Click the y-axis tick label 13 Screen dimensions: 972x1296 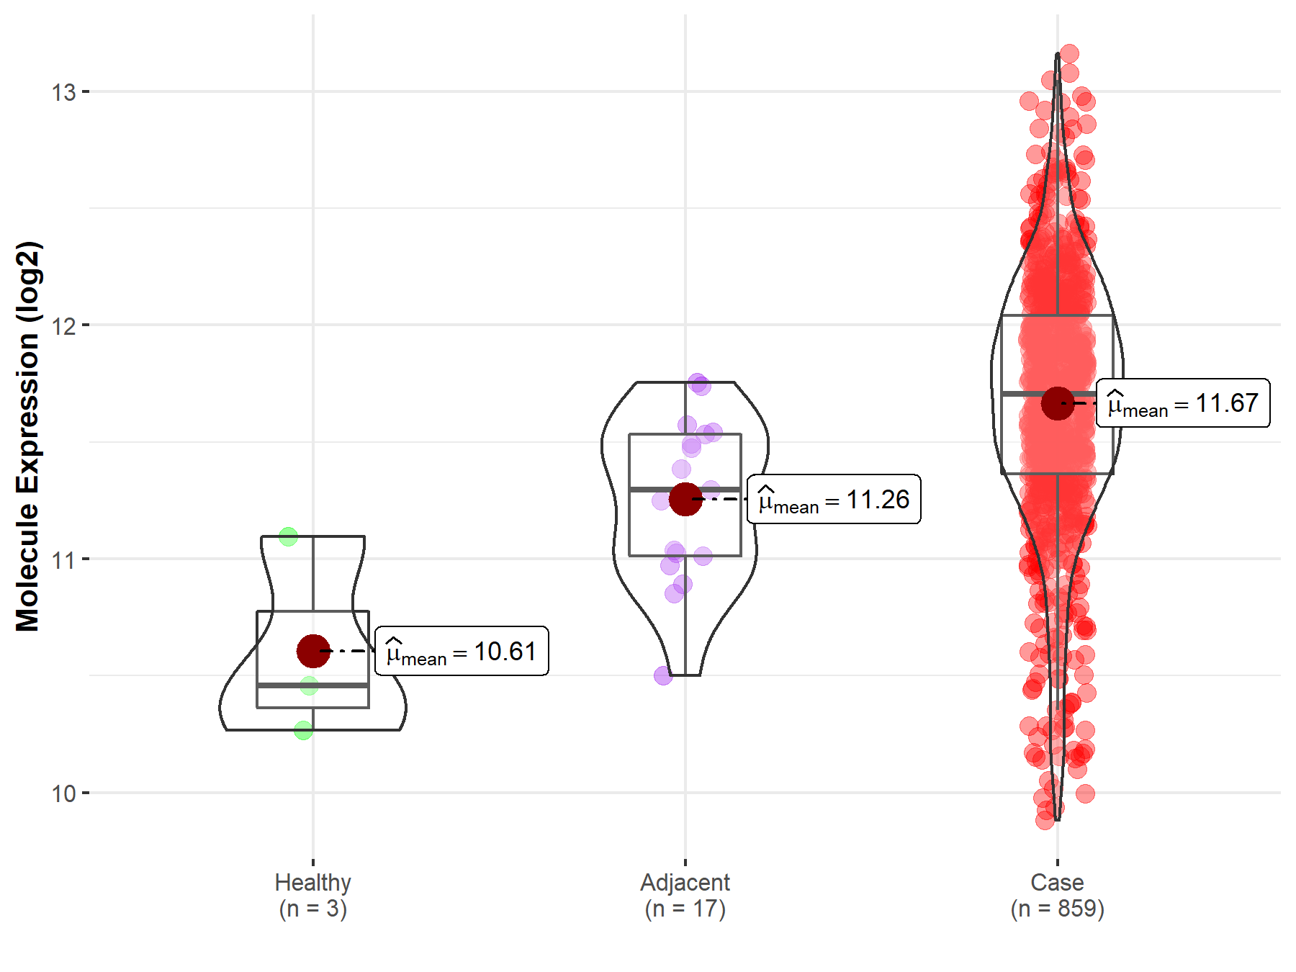point(63,92)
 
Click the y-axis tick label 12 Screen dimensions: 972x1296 point(63,325)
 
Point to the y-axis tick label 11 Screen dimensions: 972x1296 point(63,559)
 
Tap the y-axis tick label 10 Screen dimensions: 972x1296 point(63,793)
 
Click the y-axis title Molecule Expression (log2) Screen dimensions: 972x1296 point(27,436)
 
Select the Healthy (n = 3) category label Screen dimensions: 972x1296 point(313,895)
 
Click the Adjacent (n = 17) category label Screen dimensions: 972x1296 point(685,895)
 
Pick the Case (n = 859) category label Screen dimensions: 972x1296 point(1057,895)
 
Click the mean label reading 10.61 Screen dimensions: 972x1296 point(462,652)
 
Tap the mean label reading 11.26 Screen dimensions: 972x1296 point(834,499)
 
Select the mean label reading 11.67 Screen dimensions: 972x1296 point(1183,403)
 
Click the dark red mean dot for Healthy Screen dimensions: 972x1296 point(313,651)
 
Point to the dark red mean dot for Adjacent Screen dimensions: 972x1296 point(685,499)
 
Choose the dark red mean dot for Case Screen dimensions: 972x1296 point(1058,403)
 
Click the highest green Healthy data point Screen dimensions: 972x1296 point(288,536)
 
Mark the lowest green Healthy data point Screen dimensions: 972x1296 point(303,730)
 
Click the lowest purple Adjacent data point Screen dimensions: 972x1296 point(663,675)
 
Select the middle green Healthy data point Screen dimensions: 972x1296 point(309,685)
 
